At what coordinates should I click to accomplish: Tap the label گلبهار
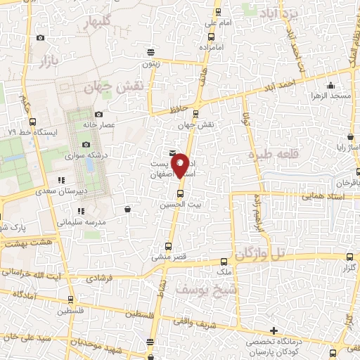[x=106, y=22]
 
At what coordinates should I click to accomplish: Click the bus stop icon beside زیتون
[x=150, y=51]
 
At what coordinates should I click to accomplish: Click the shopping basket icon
[x=127, y=208]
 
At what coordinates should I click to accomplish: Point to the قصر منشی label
[x=167, y=257]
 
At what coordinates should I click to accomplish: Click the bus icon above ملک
[x=224, y=260]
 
